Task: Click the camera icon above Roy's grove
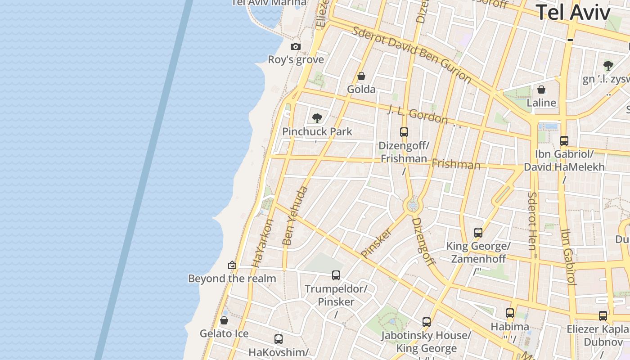(295, 46)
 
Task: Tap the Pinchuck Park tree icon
(317, 118)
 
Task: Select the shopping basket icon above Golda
(361, 76)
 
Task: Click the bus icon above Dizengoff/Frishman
(404, 132)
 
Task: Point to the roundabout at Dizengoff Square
(413, 206)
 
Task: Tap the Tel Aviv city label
(573, 12)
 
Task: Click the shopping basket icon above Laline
(541, 90)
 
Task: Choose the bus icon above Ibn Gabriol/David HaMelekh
(564, 141)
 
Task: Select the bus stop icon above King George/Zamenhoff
(478, 233)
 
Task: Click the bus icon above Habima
(510, 313)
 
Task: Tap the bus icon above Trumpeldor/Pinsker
(336, 275)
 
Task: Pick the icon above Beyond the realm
(232, 265)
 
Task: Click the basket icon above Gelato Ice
(224, 320)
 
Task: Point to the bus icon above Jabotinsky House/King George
(427, 322)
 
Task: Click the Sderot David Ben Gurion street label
(411, 54)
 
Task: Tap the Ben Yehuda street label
(295, 216)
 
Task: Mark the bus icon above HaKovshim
(279, 339)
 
